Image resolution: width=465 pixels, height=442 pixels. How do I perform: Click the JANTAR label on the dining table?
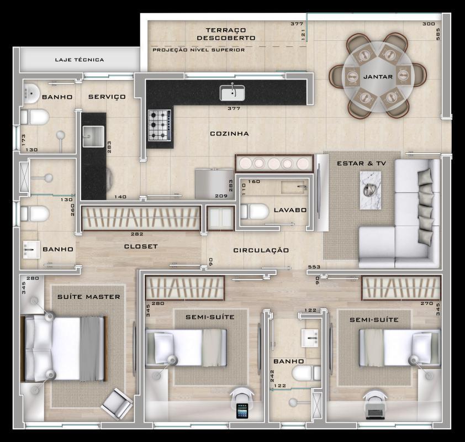[x=378, y=77]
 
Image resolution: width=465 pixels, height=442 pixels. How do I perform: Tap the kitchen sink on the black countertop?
[x=232, y=92]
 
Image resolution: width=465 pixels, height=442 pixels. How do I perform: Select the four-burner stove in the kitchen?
[x=159, y=125]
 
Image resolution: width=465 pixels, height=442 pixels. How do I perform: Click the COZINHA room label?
[x=229, y=134]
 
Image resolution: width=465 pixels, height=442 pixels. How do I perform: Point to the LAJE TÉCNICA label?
[x=80, y=60]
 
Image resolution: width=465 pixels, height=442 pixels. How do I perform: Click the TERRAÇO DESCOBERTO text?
[x=226, y=34]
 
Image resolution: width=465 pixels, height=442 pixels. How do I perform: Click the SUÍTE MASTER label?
[x=89, y=297]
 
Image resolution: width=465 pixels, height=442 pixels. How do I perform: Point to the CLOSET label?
[x=141, y=246]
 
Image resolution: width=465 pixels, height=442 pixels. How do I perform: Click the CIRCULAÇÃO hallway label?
[x=261, y=250]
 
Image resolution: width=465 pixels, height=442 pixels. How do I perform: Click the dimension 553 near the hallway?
[x=314, y=267]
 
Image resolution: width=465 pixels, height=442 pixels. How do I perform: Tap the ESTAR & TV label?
[x=361, y=164]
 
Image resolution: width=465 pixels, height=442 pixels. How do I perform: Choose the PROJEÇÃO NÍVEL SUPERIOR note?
[x=198, y=50]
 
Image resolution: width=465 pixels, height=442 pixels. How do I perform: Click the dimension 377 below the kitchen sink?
[x=234, y=108]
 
